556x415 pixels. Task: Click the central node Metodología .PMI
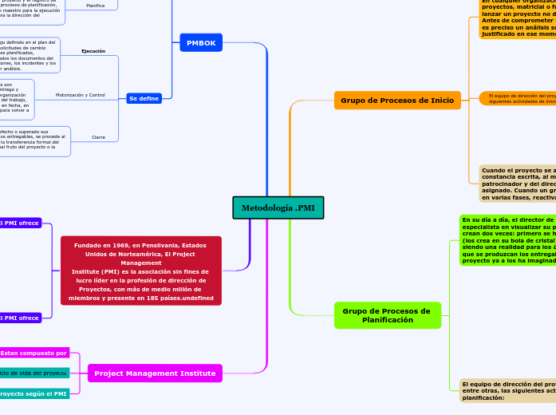pos(278,207)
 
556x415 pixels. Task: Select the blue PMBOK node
pos(201,42)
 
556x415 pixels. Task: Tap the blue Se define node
pos(144,98)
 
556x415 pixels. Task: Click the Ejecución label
pos(93,51)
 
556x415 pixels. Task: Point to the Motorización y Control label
pos(81,95)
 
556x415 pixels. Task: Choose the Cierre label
pos(98,137)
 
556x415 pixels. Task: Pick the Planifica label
pos(96,5)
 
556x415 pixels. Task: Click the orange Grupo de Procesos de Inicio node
pos(397,101)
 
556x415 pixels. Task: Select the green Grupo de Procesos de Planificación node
pos(387,315)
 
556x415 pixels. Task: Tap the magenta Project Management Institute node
pos(155,373)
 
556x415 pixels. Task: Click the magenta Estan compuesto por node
pos(34,353)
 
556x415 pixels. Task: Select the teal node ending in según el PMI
pos(34,393)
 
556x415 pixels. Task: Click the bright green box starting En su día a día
pos(507,239)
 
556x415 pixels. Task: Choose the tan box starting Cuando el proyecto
pos(517,184)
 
